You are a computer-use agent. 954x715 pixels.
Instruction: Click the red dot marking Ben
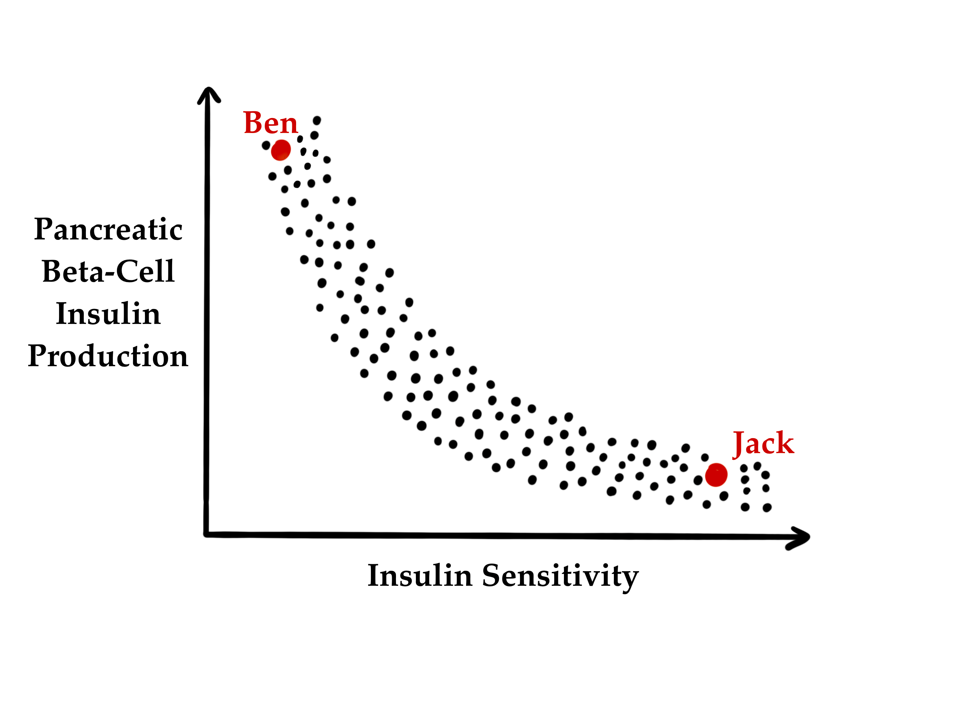[x=281, y=150]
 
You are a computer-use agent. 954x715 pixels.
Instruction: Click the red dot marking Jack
[x=716, y=475]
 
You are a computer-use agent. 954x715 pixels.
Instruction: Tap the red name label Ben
[x=270, y=123]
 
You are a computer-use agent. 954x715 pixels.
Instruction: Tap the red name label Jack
[x=763, y=444]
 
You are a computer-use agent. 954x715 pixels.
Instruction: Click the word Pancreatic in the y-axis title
[x=108, y=229]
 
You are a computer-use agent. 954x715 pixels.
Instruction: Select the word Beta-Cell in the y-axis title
[x=108, y=272]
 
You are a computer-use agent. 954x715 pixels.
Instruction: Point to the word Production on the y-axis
[x=108, y=356]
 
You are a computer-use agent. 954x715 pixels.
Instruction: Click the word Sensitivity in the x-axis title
[x=560, y=576]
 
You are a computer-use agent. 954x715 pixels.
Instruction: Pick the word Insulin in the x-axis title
[x=420, y=576]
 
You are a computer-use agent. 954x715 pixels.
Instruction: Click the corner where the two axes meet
[x=207, y=535]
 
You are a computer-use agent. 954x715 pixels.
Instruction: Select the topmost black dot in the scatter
[x=317, y=120]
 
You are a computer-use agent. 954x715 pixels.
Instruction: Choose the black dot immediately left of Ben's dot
[x=266, y=145]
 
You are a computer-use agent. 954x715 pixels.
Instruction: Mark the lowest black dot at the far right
[x=767, y=508]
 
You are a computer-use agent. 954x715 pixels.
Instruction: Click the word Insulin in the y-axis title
[x=108, y=314]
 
